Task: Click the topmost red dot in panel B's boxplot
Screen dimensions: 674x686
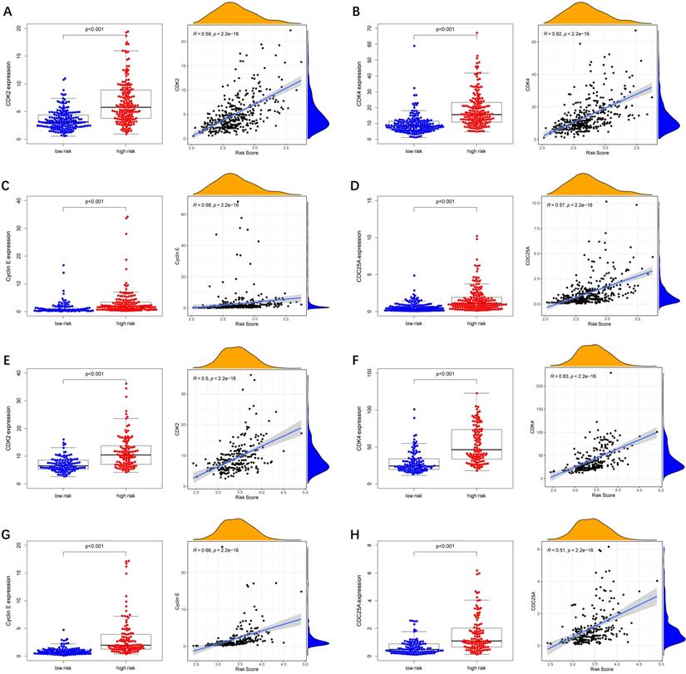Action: [x=476, y=33]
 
